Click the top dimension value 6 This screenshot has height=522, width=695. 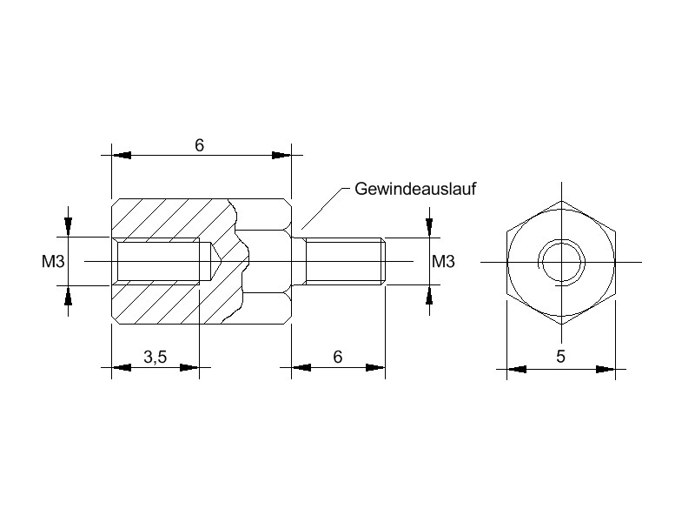tap(199, 145)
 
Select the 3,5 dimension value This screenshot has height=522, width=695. tap(155, 357)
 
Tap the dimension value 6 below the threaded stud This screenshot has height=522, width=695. tap(338, 357)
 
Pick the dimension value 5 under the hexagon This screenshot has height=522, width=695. tap(561, 357)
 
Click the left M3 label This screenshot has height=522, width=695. tap(54, 261)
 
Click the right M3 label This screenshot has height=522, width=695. tap(444, 261)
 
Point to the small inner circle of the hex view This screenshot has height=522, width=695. tap(561, 261)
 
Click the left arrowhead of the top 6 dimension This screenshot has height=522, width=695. tap(121, 156)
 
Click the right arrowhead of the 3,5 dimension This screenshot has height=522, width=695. tap(190, 368)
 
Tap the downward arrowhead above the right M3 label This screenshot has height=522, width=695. tap(428, 228)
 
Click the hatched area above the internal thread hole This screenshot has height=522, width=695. tap(174, 217)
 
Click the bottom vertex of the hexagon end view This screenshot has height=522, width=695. tap(561, 325)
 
